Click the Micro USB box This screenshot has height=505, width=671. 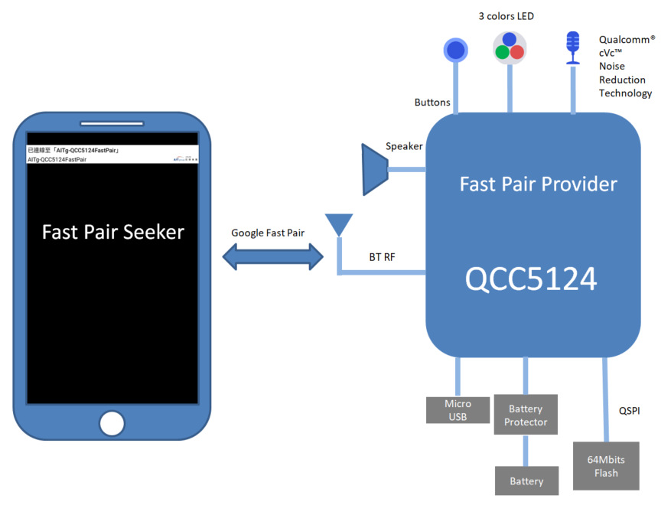pyautogui.click(x=458, y=410)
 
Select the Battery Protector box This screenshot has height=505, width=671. pyautogui.click(x=526, y=415)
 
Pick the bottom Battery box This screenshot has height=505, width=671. pyautogui.click(x=526, y=481)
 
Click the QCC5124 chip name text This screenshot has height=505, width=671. pyautogui.click(x=530, y=279)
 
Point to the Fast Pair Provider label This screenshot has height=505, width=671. pyautogui.click(x=538, y=184)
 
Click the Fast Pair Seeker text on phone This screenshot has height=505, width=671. pyautogui.click(x=112, y=232)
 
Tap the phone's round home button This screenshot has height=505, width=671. pyautogui.click(x=112, y=423)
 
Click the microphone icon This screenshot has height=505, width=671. pyautogui.click(x=572, y=47)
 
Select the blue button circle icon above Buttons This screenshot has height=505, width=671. pyautogui.click(x=457, y=50)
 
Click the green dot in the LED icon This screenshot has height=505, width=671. pyautogui.click(x=502, y=53)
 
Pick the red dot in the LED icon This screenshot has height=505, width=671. pyautogui.click(x=517, y=53)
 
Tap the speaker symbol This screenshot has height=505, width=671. pyautogui.click(x=376, y=169)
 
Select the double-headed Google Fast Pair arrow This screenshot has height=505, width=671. pyautogui.click(x=273, y=257)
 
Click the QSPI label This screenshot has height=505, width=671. pyautogui.click(x=629, y=411)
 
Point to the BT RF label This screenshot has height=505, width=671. pyautogui.click(x=382, y=258)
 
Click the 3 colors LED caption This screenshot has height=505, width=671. pyautogui.click(x=507, y=16)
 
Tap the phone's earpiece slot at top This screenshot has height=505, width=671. pyautogui.click(x=112, y=124)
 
